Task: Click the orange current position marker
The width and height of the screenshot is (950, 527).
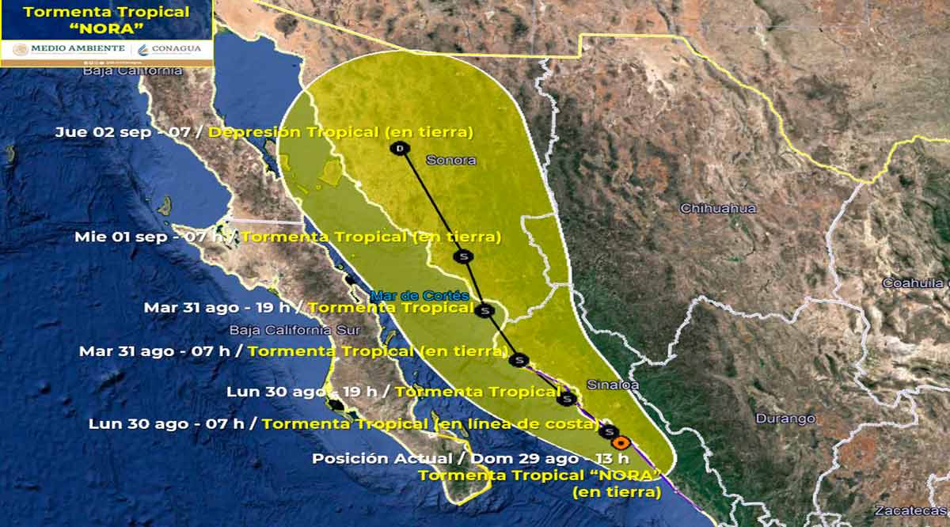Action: [x=621, y=443]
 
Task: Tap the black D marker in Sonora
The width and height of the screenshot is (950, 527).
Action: [x=401, y=148]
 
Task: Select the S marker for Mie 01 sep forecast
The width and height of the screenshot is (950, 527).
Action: [x=462, y=256]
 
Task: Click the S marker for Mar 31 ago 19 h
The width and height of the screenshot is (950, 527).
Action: [x=483, y=310]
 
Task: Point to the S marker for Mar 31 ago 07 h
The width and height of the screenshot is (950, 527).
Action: [x=519, y=360]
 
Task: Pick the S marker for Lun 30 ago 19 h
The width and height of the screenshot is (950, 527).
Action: [x=566, y=398]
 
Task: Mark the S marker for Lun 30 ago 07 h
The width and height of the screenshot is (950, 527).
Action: [x=610, y=431]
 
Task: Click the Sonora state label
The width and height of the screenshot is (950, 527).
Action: [x=451, y=160]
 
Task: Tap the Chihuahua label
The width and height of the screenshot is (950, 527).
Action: [x=718, y=208]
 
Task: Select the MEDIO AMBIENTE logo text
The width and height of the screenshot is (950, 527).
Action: [x=78, y=48]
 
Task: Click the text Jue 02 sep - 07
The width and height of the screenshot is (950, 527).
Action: [x=123, y=132]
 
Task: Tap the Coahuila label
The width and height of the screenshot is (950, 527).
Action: [x=916, y=283]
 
